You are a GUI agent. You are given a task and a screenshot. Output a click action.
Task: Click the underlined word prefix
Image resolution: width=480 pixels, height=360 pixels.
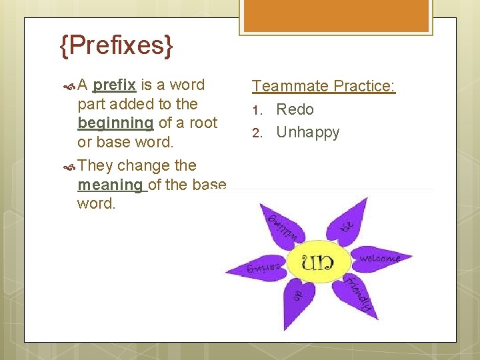tap(115, 85)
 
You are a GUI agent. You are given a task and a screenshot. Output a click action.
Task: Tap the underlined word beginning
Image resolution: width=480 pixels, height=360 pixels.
tap(115, 123)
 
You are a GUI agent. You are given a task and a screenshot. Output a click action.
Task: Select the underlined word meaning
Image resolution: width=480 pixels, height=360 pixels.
tap(110, 185)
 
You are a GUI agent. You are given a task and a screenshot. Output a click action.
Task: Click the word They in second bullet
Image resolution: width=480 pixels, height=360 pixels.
tap(95, 165)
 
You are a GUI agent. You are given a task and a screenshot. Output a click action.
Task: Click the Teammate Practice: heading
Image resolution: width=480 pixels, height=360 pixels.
tap(323, 86)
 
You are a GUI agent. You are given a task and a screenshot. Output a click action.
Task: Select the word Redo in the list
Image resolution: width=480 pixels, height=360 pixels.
tap(295, 109)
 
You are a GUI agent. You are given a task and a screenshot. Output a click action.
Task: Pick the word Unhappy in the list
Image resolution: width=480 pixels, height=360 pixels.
tap(307, 132)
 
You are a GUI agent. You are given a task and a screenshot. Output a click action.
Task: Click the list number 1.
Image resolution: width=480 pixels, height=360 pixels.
tap(257, 110)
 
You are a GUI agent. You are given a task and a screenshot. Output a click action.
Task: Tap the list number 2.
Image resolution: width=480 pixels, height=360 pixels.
tap(257, 133)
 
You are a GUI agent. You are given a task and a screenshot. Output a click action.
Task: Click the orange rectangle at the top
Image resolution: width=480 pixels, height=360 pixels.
tap(336, 17)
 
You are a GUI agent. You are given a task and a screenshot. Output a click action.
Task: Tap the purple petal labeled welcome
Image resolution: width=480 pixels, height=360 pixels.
tap(379, 258)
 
